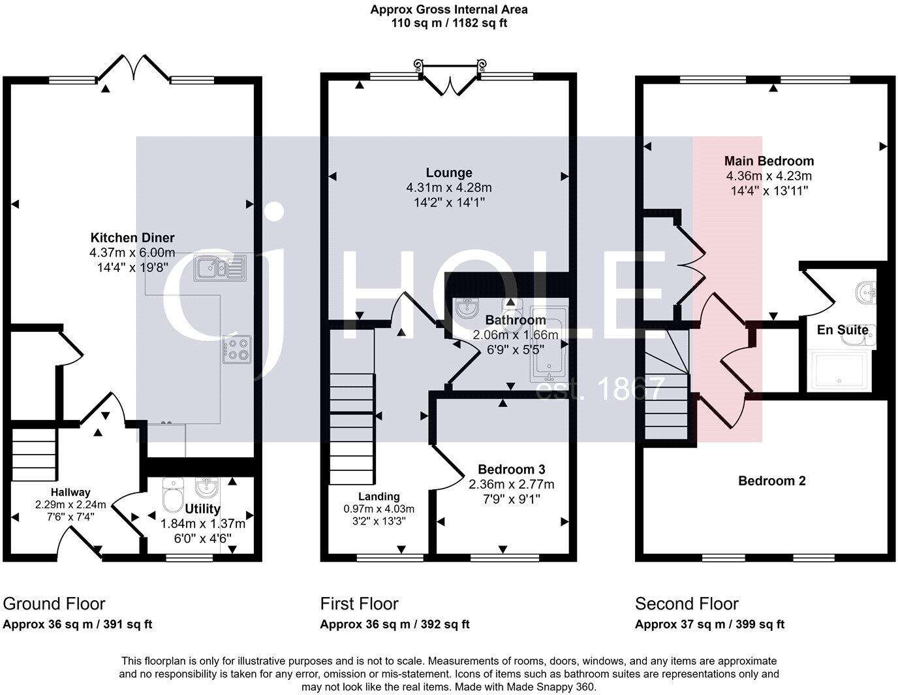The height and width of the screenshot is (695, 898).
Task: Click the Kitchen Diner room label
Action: (132, 238)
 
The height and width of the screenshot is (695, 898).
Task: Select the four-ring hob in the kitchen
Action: (236, 349)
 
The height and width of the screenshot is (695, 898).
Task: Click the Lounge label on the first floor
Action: (448, 173)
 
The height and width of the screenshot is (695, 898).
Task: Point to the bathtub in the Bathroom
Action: (549, 343)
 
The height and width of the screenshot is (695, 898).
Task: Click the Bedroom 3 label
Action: (511, 470)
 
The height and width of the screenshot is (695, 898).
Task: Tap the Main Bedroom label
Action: (769, 161)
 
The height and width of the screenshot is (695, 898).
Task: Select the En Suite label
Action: (843, 330)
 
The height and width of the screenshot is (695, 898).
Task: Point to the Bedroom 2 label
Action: (771, 481)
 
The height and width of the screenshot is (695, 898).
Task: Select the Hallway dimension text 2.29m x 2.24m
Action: (70, 504)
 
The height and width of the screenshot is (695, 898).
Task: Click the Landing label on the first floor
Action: (379, 496)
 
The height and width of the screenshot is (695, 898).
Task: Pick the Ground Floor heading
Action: (54, 604)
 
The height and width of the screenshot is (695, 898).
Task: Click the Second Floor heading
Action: (687, 604)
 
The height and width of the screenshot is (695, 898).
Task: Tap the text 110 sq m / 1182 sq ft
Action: (448, 23)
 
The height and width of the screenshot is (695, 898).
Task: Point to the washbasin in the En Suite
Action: (866, 292)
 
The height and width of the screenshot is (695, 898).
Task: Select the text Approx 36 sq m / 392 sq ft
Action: (394, 624)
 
